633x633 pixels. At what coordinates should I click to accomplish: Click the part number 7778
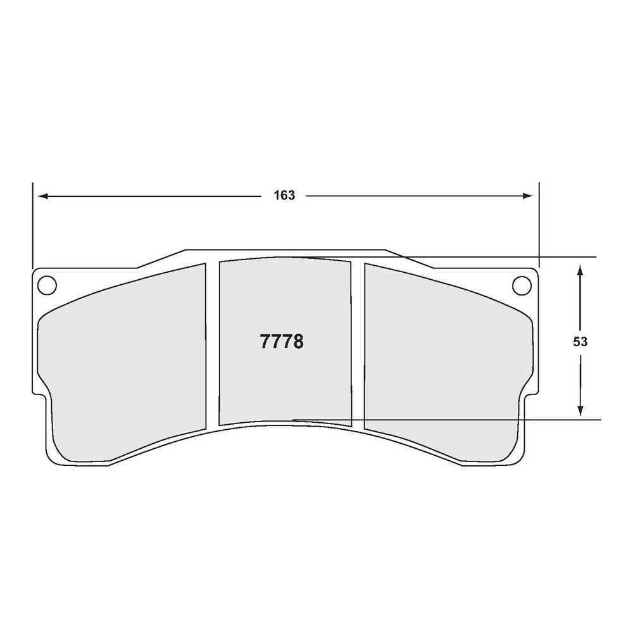(x=282, y=342)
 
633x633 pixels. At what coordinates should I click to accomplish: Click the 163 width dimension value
(x=284, y=196)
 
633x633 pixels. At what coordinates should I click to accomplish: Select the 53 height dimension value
(x=580, y=342)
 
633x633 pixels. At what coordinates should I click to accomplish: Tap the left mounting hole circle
(x=46, y=285)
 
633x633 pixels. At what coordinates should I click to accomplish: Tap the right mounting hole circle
(x=522, y=285)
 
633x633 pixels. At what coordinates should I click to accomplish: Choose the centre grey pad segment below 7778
(x=284, y=386)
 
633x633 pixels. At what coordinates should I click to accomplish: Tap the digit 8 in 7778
(x=298, y=342)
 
